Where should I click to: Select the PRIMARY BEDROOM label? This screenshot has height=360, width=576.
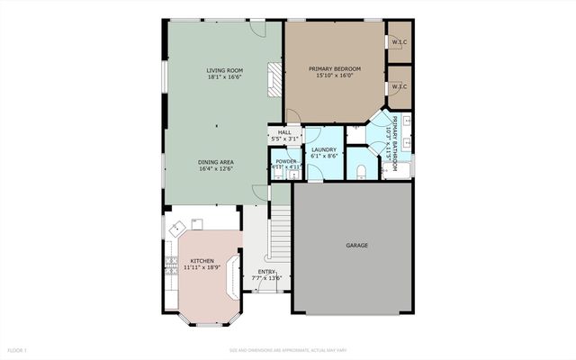pos(335,69)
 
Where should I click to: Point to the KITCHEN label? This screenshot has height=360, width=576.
pos(202,261)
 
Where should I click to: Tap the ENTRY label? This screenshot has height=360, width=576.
pos(268,271)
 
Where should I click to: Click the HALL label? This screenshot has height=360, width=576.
pos(285,132)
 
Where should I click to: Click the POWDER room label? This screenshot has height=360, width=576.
pos(286,161)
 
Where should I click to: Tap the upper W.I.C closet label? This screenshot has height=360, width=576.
pos(399,41)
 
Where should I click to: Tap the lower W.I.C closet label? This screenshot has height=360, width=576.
pos(399,86)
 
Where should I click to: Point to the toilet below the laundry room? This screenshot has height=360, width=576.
pos(361,170)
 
